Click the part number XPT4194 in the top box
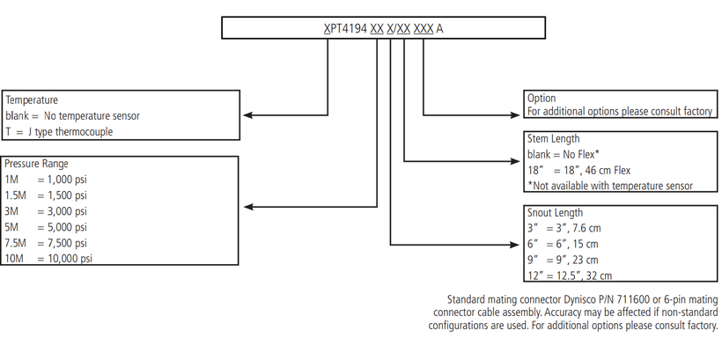click(x=345, y=28)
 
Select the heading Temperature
click(x=32, y=99)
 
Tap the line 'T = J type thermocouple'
click(x=59, y=132)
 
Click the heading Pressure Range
click(x=36, y=164)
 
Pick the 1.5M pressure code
click(x=16, y=195)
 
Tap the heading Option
click(x=541, y=98)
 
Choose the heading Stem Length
click(x=554, y=138)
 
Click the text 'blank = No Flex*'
click(x=564, y=154)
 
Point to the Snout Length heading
click(x=555, y=213)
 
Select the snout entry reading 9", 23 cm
click(x=563, y=260)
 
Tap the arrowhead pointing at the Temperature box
click(x=247, y=115)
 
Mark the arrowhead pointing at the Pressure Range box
click(x=248, y=207)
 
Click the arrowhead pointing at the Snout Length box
click(x=514, y=245)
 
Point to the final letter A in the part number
click(x=439, y=28)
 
